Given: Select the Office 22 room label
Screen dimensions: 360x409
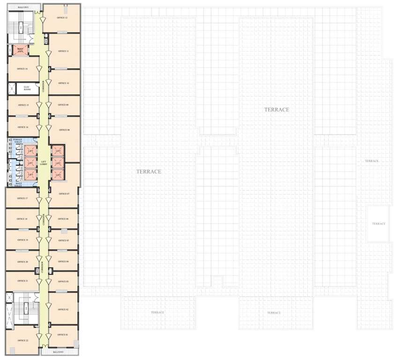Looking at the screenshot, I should point(22,340).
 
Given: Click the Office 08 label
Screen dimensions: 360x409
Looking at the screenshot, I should point(64,130).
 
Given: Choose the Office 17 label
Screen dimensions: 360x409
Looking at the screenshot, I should point(22,198).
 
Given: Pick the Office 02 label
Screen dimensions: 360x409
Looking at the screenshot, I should point(64,310).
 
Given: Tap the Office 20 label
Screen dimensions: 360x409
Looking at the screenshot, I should point(22,262).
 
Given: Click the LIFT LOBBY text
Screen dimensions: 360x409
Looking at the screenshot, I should point(43,162).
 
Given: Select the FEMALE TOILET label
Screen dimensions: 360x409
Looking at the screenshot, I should point(18,141).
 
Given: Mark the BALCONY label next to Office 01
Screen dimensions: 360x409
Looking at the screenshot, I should point(58,352).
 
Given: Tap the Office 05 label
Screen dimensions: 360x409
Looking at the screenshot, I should point(64,240).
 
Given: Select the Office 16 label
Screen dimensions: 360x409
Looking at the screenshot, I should point(22,127).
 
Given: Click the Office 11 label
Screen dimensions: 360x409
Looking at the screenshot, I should point(64,51).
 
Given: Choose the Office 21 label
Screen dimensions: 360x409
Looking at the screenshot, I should point(22,281).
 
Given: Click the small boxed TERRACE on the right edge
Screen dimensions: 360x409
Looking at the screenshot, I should point(378,224).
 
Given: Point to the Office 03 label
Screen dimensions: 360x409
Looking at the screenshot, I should point(64,281).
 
